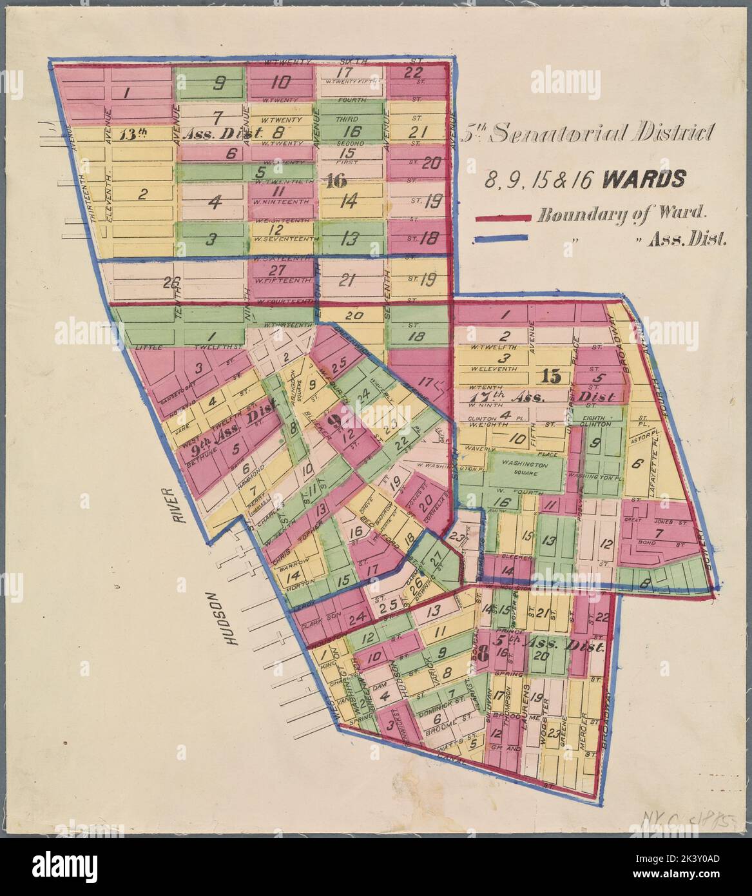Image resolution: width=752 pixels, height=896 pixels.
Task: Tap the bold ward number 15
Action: (552, 375)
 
